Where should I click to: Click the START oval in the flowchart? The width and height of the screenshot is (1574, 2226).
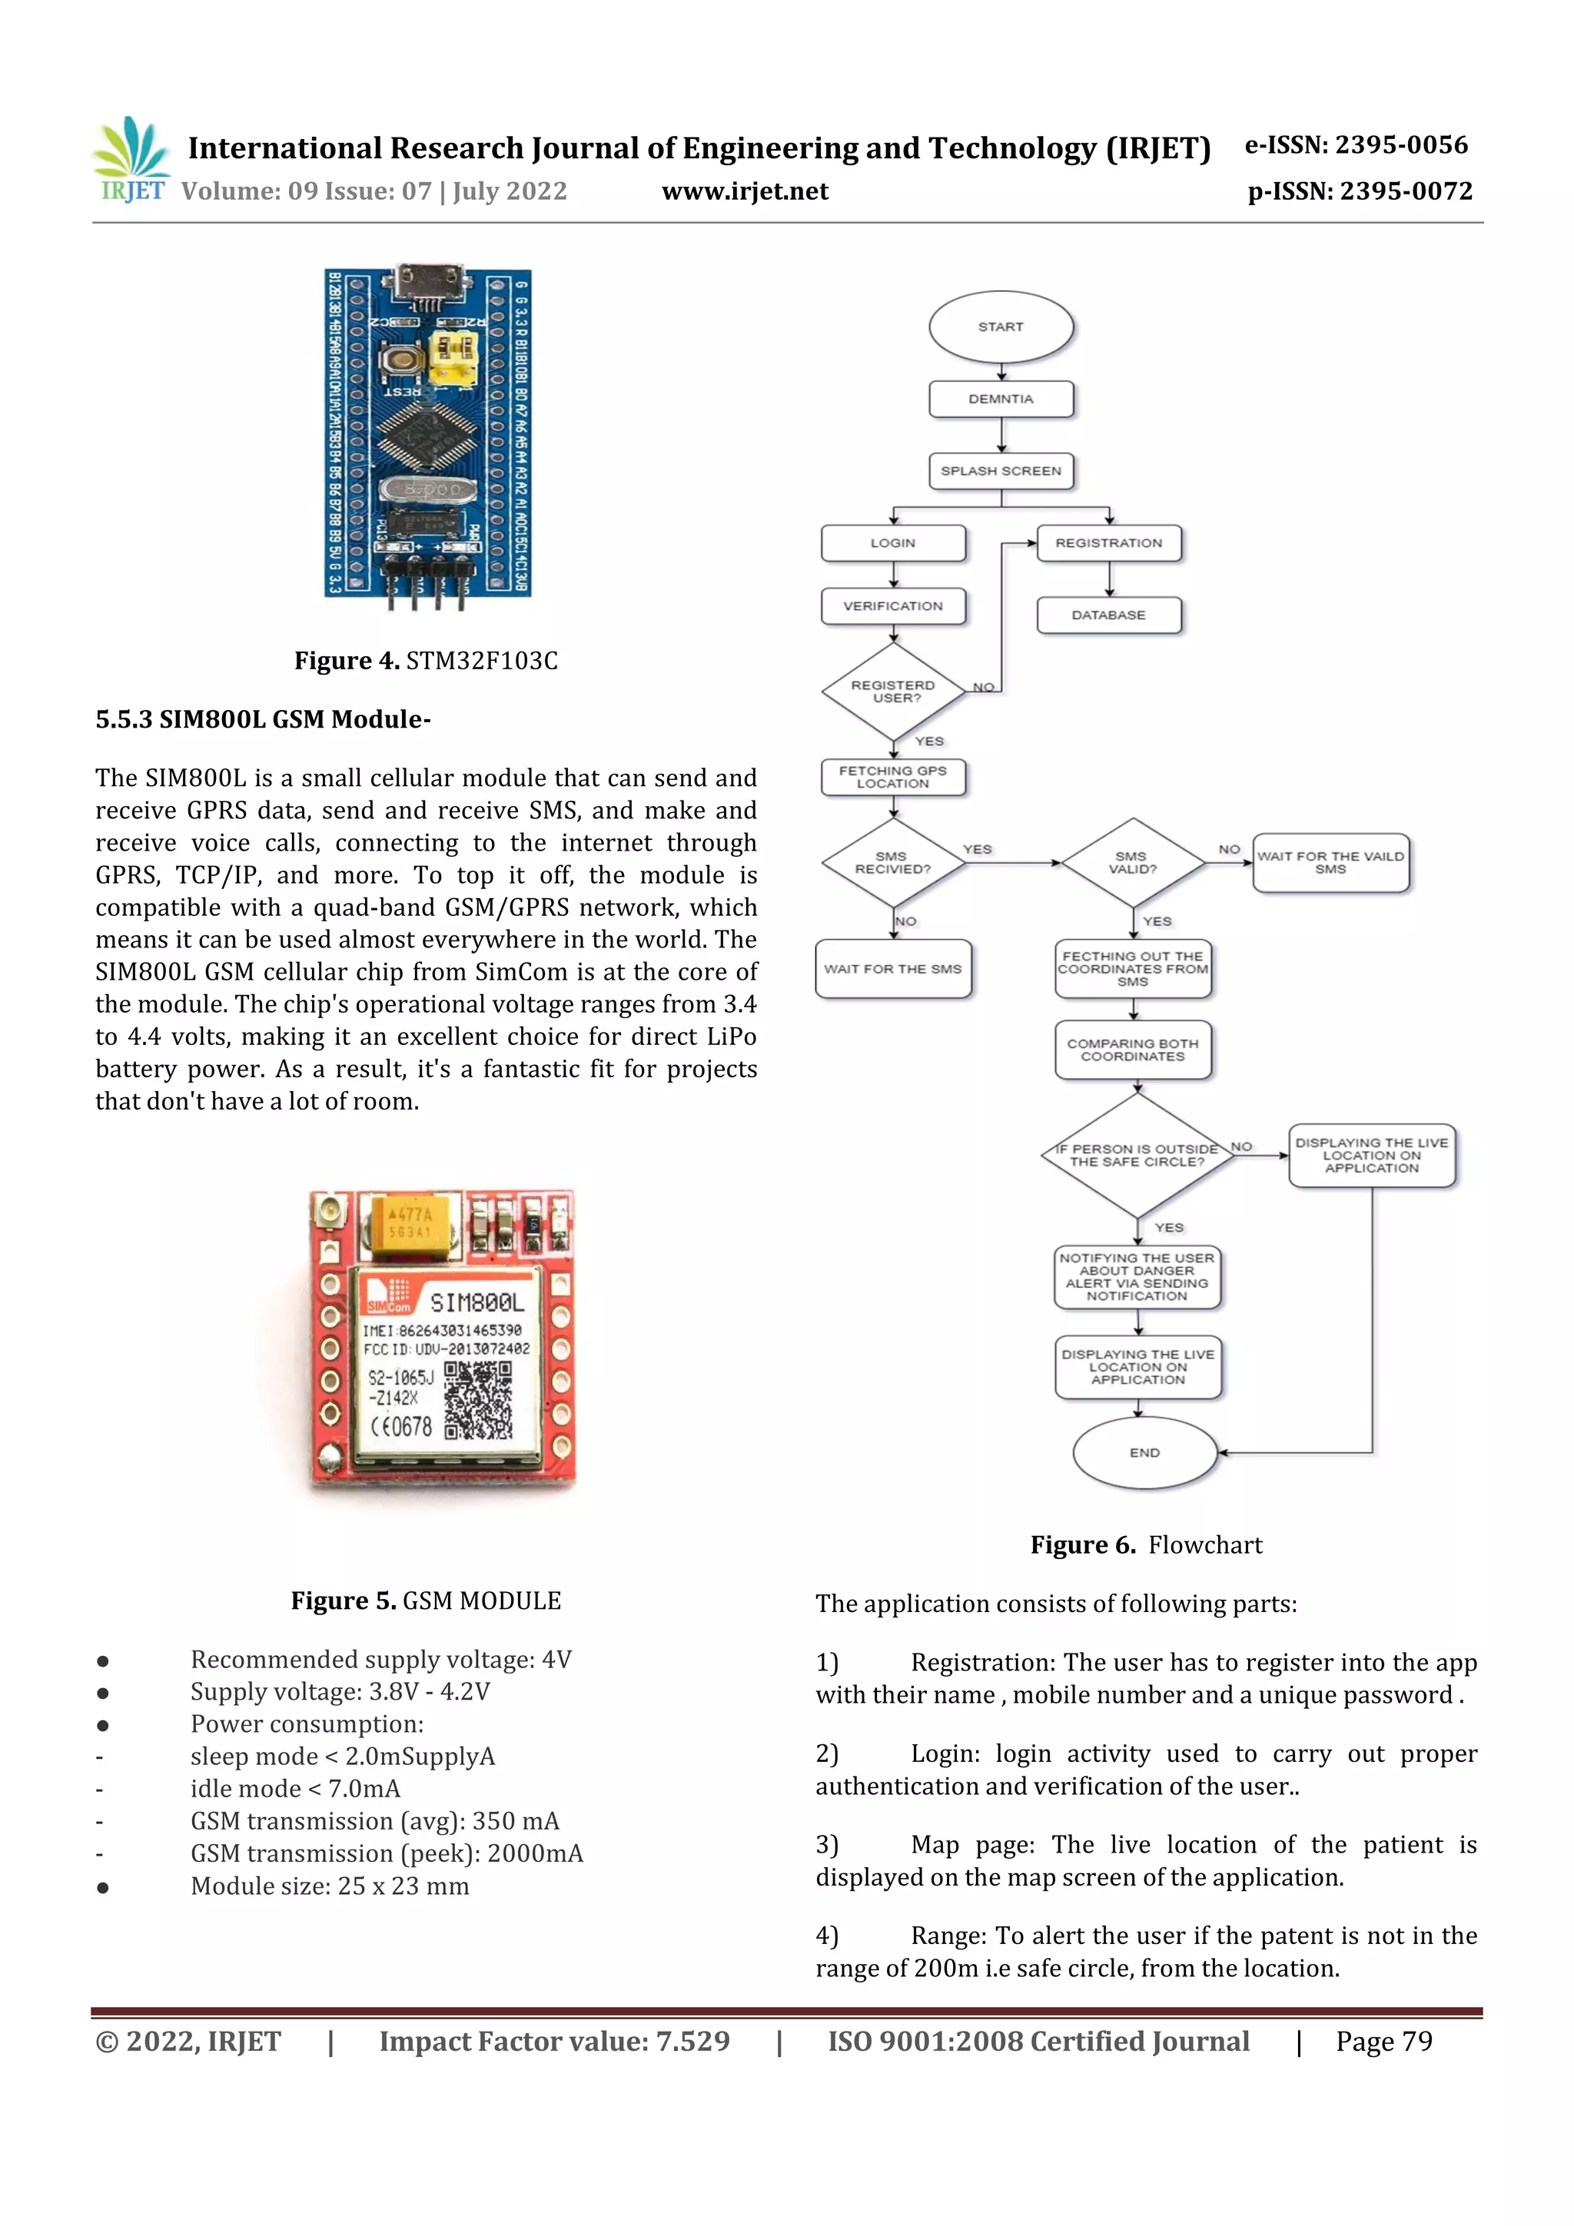pyautogui.click(x=1001, y=327)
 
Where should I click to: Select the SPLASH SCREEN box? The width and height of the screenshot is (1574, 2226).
pyautogui.click(x=1001, y=471)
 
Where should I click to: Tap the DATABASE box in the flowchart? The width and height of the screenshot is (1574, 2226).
pyautogui.click(x=1108, y=615)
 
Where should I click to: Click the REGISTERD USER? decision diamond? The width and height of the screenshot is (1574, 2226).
pyautogui.click(x=893, y=692)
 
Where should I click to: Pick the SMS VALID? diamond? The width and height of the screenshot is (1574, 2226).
pyautogui.click(x=1132, y=862)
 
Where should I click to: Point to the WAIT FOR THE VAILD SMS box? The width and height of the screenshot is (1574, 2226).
pyautogui.click(x=1330, y=862)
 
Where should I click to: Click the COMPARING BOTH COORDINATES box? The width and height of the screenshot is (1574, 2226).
pyautogui.click(x=1133, y=1050)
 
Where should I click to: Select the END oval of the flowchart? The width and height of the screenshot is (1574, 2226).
pyautogui.click(x=1144, y=1452)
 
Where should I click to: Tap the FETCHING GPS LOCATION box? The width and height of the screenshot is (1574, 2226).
pyautogui.click(x=893, y=777)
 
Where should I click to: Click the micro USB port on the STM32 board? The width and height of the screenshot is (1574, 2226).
pyautogui.click(x=427, y=282)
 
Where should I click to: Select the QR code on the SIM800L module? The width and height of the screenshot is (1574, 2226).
pyautogui.click(x=477, y=1399)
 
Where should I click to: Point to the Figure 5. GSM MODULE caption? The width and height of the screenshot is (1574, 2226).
pyautogui.click(x=426, y=1601)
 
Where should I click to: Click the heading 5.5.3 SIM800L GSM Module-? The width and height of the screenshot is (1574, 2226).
pyautogui.click(x=263, y=719)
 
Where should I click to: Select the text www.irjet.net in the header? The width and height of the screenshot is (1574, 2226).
pyautogui.click(x=745, y=191)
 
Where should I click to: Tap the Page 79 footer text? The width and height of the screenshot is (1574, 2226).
pyautogui.click(x=1384, y=2042)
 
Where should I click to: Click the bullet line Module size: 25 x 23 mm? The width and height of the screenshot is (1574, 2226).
pyautogui.click(x=330, y=1886)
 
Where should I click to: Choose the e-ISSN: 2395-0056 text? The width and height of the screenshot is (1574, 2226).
pyautogui.click(x=1356, y=145)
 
